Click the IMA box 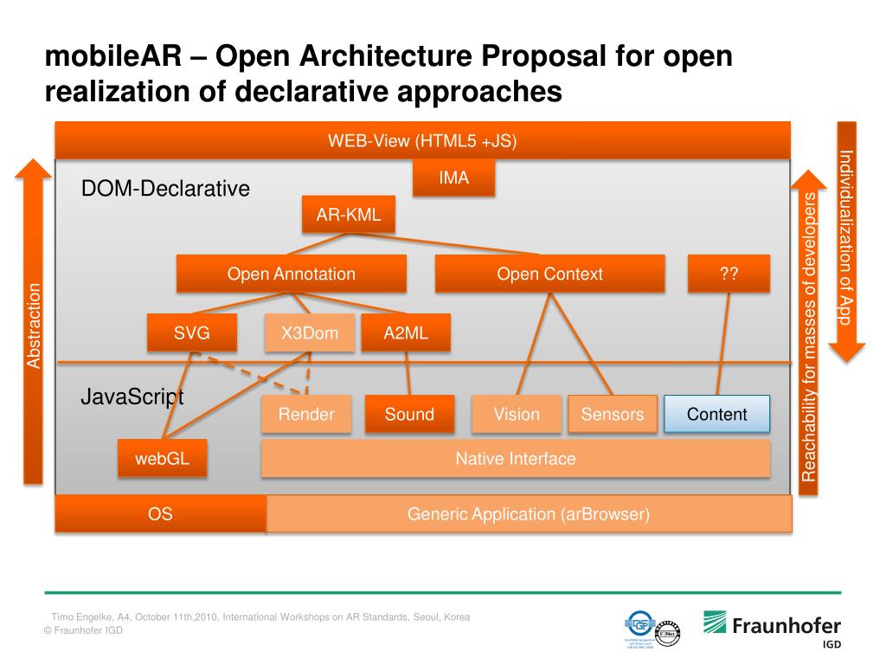click(x=453, y=178)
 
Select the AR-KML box click(x=348, y=215)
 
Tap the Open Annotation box click(x=291, y=274)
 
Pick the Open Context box click(x=549, y=274)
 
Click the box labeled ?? click(x=728, y=274)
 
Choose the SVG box click(x=191, y=332)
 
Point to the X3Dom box click(x=310, y=332)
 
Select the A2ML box click(x=406, y=332)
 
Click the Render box click(x=306, y=414)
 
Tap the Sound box click(x=409, y=414)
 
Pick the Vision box click(x=517, y=414)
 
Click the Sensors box click(x=612, y=414)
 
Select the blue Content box click(x=716, y=414)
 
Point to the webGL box click(x=162, y=458)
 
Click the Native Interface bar click(x=515, y=458)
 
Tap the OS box click(x=160, y=514)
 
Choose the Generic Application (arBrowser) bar click(x=528, y=514)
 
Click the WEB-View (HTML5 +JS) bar click(x=422, y=141)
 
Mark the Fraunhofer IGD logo click(x=771, y=629)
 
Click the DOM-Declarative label click(x=165, y=188)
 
